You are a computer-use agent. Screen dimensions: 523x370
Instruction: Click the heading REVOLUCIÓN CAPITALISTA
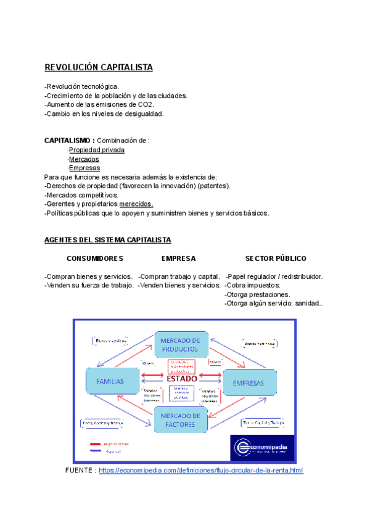(98, 67)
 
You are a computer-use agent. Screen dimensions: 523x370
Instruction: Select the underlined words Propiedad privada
(96, 150)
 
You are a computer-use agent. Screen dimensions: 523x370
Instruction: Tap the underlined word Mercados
(84, 159)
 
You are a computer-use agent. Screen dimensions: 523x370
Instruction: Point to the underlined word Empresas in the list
(84, 168)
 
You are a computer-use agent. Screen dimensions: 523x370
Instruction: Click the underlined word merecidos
(136, 204)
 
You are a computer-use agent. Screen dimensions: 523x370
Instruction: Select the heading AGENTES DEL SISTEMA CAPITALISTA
(108, 240)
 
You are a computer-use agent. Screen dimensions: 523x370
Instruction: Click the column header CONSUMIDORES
(95, 258)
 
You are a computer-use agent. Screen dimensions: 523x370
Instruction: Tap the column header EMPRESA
(179, 258)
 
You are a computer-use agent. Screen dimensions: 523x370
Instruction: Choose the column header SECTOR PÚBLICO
(276, 258)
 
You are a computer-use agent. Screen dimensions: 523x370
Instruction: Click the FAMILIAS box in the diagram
(110, 382)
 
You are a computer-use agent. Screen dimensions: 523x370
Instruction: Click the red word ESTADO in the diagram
(182, 379)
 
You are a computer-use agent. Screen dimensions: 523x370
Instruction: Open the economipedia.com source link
(200, 471)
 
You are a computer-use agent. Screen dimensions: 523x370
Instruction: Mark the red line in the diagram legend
(96, 444)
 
